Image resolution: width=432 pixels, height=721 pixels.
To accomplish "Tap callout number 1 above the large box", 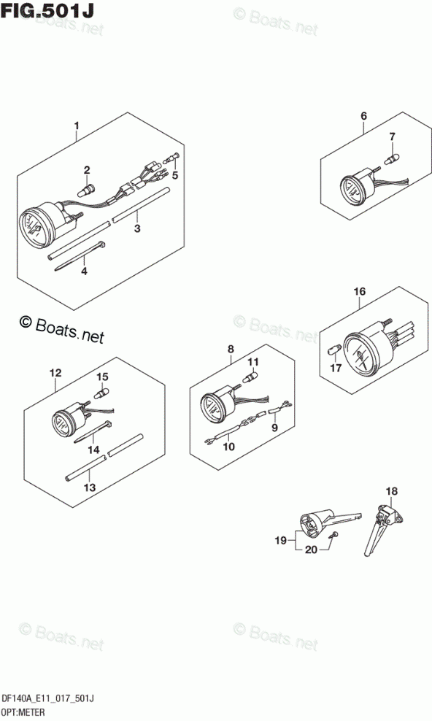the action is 77,125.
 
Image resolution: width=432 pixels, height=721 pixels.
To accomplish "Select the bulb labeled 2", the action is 86,189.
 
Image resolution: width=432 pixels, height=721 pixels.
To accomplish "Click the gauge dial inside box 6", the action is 350,190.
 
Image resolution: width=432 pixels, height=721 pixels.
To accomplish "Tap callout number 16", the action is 359,291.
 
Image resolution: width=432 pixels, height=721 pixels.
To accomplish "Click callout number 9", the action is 275,427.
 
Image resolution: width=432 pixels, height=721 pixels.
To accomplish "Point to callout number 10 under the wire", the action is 229,446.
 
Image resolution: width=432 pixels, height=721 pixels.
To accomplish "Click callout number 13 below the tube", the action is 90,487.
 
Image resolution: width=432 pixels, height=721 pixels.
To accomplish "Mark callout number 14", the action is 93,450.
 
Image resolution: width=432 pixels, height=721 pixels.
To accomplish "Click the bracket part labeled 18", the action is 382,529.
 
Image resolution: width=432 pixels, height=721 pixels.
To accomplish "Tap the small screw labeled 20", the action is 335,534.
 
